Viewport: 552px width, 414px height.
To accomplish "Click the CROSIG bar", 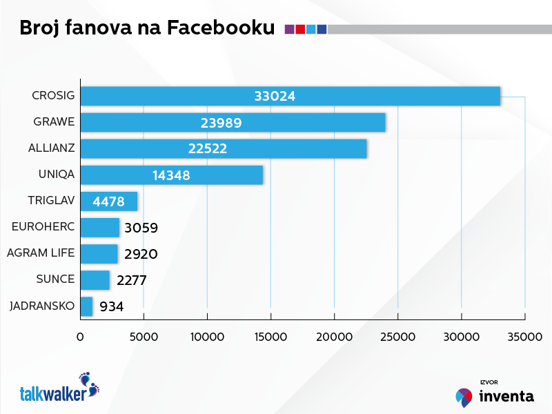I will point(290,96).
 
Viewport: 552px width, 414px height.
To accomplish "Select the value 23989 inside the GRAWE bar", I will point(221,123).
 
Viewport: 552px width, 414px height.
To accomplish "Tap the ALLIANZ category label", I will point(52,148).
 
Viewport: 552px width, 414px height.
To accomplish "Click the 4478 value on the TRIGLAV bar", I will point(108,201).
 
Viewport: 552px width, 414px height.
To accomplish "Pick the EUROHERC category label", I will point(43,227).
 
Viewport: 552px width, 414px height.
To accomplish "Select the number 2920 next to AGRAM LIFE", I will point(141,254).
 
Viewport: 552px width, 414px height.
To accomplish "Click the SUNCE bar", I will point(95,279).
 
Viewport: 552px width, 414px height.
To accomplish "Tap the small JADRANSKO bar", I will point(86,306).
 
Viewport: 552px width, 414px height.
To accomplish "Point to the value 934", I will point(112,306).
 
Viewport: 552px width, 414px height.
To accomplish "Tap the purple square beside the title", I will point(289,29).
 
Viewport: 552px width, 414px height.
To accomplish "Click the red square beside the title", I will point(300,29).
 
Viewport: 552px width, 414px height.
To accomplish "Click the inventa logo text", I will point(506,396).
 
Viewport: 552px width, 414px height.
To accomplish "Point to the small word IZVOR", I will point(489,382).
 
